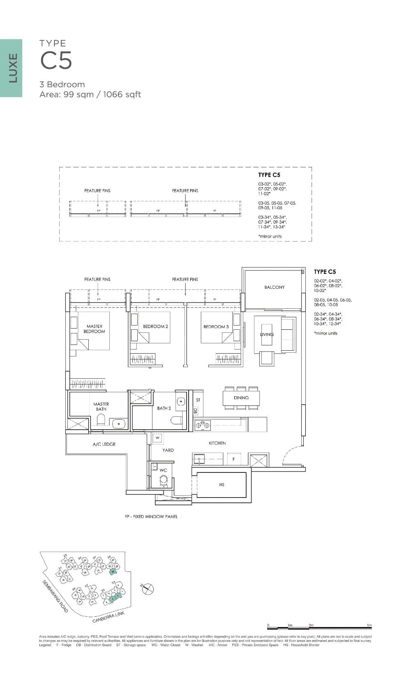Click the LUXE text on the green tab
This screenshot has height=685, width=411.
tap(13, 68)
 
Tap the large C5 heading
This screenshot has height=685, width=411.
tap(56, 60)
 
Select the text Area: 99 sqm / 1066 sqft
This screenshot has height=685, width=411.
tap(90, 95)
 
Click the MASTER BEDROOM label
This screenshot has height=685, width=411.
tap(94, 329)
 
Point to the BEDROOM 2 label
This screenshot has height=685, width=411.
tap(155, 326)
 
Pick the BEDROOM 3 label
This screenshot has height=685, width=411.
tap(216, 327)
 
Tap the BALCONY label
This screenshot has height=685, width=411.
tap(274, 287)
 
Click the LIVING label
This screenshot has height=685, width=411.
tap(267, 334)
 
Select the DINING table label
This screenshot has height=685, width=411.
tap(241, 398)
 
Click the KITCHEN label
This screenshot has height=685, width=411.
tap(217, 443)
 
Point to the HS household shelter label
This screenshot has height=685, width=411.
tap(222, 485)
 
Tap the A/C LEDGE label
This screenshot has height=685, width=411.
tap(104, 444)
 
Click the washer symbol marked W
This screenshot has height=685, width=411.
tap(157, 438)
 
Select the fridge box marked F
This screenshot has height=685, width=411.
tap(233, 459)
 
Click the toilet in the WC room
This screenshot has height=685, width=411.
tap(164, 480)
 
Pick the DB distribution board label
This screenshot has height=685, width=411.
tap(196, 411)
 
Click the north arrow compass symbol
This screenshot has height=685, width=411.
tap(148, 589)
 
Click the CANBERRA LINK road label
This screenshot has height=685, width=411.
tap(108, 617)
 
